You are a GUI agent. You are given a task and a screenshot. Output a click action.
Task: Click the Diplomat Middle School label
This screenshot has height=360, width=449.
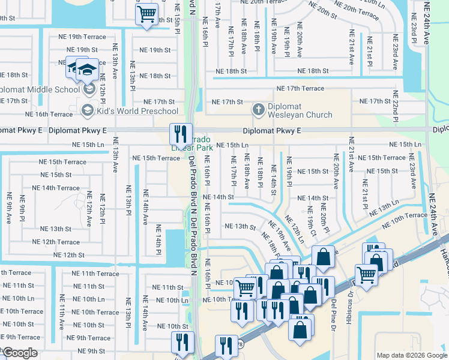[40, 89]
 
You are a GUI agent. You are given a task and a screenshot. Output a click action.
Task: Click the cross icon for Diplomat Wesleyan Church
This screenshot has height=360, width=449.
[259, 110]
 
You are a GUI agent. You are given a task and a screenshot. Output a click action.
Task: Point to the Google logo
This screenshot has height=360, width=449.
[20, 353]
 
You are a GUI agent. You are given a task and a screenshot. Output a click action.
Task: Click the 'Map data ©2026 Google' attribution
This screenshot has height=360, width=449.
[411, 355]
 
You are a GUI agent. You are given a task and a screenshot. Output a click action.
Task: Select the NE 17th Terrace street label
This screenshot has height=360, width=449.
[300, 89]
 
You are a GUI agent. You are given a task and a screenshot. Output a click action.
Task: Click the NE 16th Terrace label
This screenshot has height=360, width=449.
[49, 114]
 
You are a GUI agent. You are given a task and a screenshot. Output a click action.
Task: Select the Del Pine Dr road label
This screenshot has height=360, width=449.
[333, 312]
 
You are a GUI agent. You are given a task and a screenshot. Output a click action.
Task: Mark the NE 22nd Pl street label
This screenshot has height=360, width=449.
[395, 107]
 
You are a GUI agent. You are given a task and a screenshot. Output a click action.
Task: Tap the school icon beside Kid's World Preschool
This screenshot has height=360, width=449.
[87, 110]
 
